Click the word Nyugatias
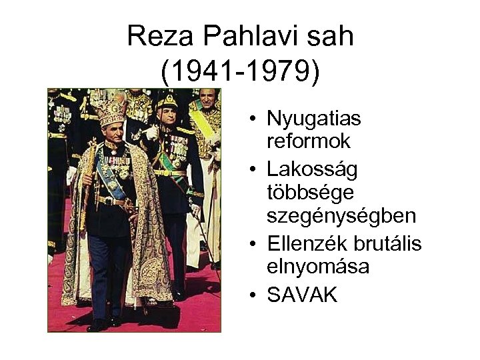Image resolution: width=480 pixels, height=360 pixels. tap(313, 120)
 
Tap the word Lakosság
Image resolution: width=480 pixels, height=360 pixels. tap(312, 169)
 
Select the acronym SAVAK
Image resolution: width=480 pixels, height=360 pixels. tap(302, 295)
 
